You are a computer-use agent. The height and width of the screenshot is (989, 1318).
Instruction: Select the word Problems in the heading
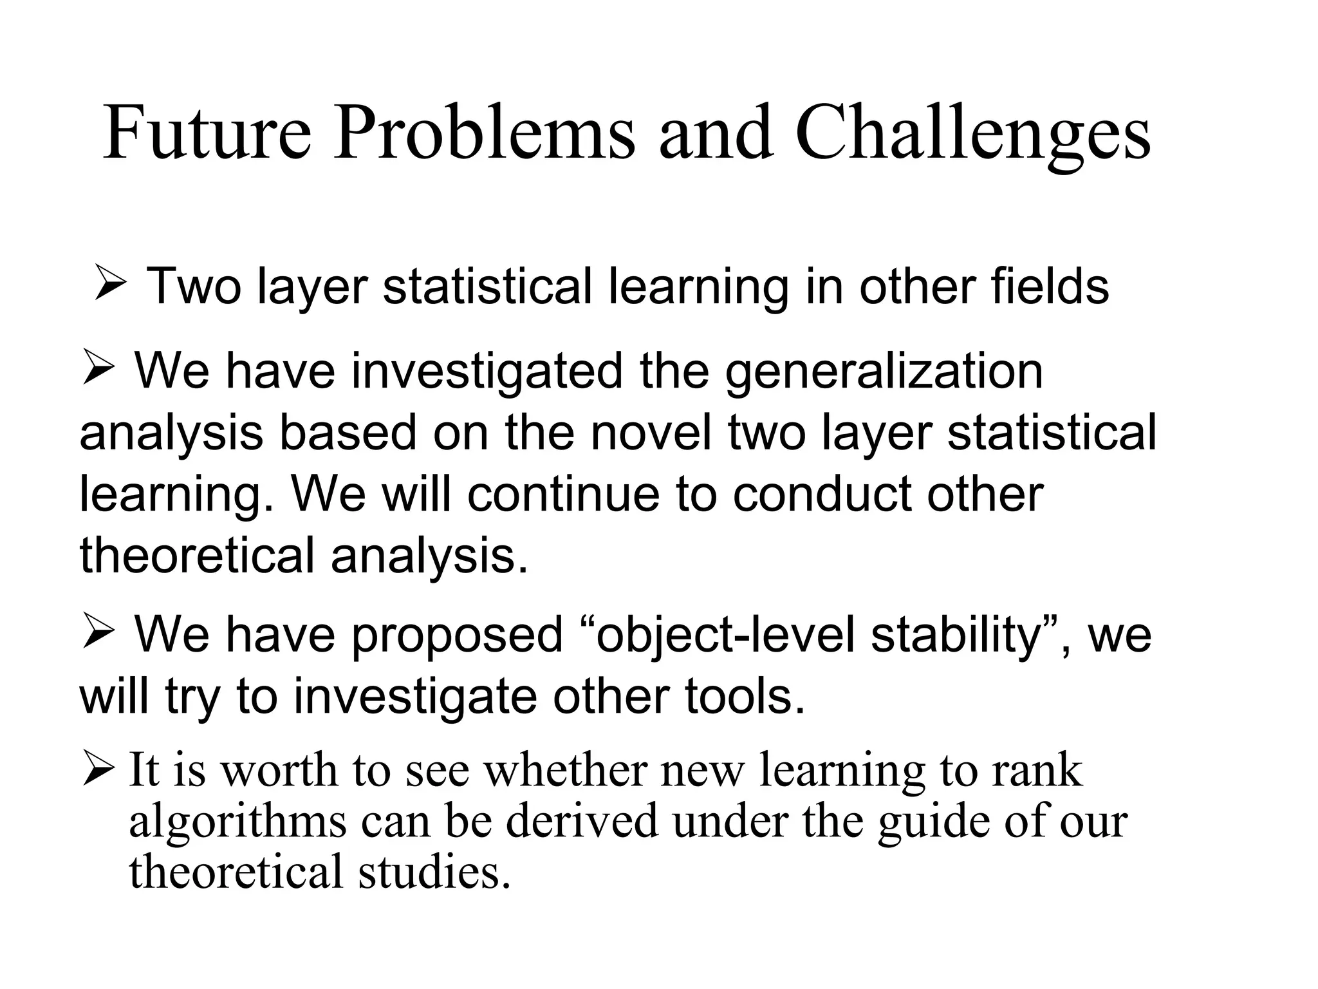click(x=483, y=134)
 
